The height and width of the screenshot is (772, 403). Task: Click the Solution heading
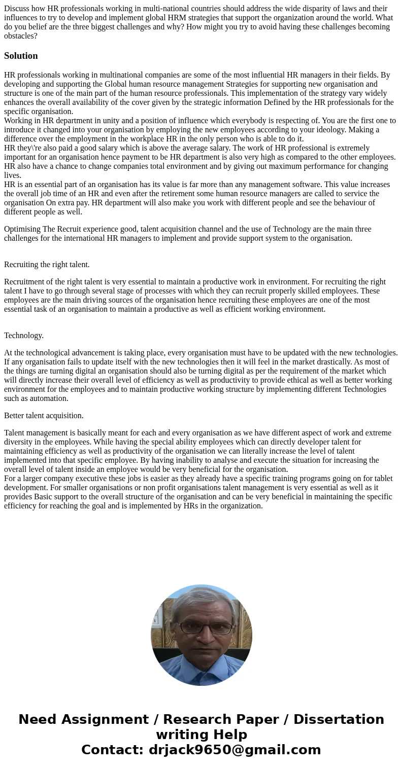click(21, 56)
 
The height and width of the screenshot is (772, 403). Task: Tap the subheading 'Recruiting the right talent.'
click(47, 265)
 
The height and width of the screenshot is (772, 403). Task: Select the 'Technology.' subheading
click(24, 336)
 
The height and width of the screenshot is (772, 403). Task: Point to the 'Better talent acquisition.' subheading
click(44, 416)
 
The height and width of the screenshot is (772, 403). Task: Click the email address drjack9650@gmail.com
click(234, 750)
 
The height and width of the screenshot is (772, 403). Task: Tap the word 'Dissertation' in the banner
click(339, 719)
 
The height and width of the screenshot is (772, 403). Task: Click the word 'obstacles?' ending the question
click(21, 36)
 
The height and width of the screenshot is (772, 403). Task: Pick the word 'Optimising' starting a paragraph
click(22, 229)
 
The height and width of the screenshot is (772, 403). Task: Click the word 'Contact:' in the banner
click(113, 750)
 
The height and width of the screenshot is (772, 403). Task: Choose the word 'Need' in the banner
click(37, 719)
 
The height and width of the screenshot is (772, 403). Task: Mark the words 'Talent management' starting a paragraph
click(35, 433)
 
